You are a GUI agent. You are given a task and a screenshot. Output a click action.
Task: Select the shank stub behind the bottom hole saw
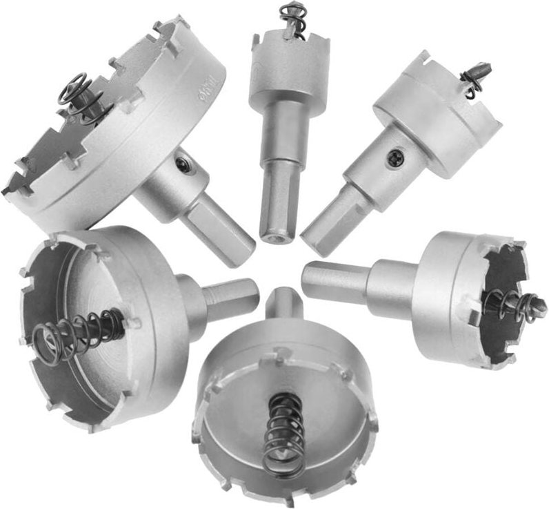(x=283, y=305)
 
